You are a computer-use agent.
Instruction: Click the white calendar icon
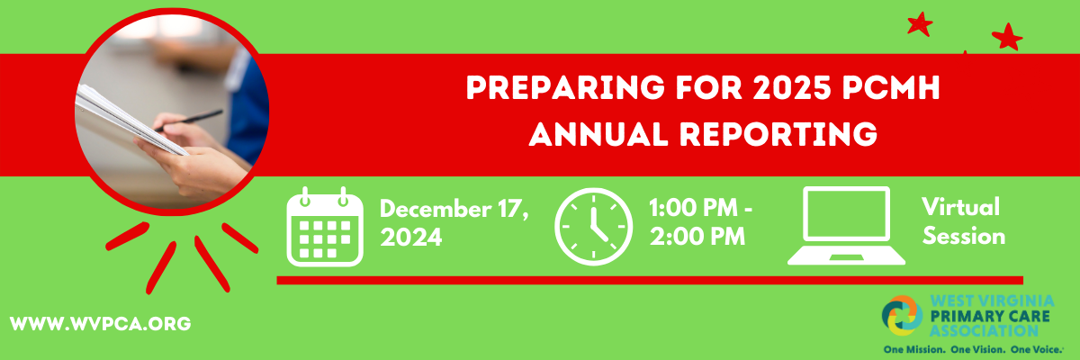click(x=324, y=227)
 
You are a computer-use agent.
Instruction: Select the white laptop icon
click(x=846, y=226)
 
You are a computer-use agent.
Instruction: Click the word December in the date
click(x=434, y=210)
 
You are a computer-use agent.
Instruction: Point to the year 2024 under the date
click(x=411, y=238)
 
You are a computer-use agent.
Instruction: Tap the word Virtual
click(x=960, y=207)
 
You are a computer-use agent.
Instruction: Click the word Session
click(x=963, y=237)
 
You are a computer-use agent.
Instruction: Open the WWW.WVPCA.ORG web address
click(x=101, y=322)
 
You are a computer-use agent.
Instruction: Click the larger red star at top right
click(x=1007, y=37)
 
